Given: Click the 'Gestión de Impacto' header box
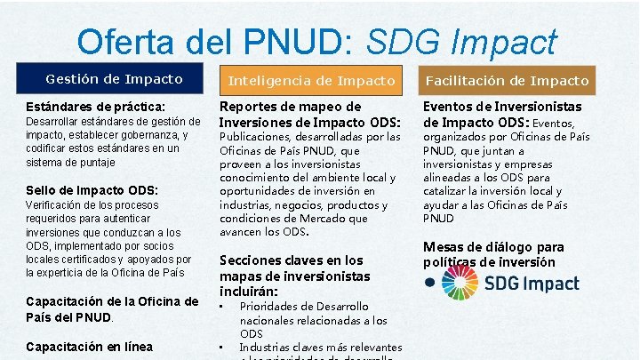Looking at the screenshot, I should (x=114, y=79).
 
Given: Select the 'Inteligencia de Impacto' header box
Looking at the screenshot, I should (x=311, y=80).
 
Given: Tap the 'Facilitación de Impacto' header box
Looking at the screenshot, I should (x=507, y=80).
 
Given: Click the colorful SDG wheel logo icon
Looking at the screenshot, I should (x=460, y=283).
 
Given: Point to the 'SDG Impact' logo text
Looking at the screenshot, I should (x=532, y=284).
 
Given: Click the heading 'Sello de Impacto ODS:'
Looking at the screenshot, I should (x=92, y=189).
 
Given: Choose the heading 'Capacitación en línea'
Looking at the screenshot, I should (x=90, y=347).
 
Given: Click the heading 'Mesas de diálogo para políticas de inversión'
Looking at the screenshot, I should (x=493, y=253).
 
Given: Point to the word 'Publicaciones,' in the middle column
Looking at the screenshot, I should (x=262, y=137).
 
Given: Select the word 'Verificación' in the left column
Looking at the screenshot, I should (x=58, y=204).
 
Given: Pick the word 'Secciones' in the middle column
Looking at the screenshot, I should (x=251, y=260).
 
